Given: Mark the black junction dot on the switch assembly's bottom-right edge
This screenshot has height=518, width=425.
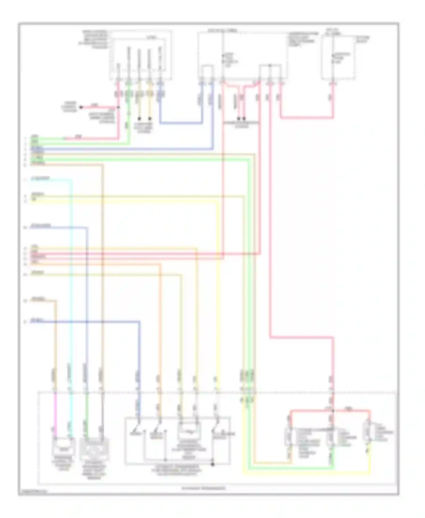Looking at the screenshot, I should pyautogui.click(x=213, y=464).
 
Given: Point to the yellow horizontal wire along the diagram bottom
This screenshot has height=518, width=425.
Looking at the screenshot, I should pyautogui.click(x=306, y=474).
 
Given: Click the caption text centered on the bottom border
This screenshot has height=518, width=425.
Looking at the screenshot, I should pyautogui.click(x=203, y=488).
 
